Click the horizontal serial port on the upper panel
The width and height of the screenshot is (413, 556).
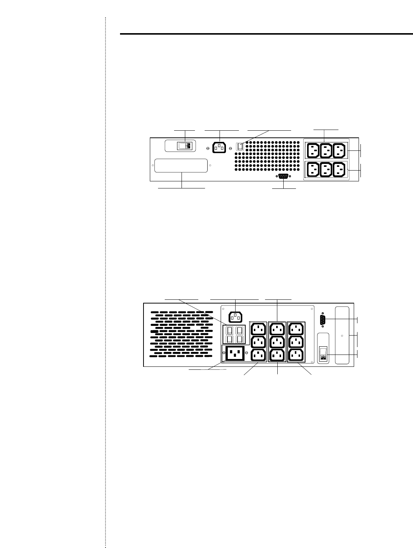coord(284,177)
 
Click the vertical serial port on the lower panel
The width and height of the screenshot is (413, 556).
coord(323,321)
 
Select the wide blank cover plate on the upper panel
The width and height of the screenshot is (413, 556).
coord(181,166)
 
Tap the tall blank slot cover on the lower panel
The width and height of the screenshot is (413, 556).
coord(342,335)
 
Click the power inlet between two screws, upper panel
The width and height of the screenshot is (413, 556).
coord(219,148)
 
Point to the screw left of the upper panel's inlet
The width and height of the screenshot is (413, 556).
coord(208,148)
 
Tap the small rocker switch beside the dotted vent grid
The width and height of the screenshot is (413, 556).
coord(240,147)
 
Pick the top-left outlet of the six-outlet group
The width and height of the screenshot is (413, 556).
coord(312,150)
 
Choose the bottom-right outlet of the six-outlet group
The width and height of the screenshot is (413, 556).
coord(339,170)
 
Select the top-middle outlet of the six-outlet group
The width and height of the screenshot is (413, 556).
coord(326,150)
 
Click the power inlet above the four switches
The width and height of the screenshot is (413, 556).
coord(235,317)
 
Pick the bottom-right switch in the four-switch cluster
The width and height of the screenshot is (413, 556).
coord(240,339)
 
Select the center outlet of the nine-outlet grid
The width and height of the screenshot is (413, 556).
coord(277,341)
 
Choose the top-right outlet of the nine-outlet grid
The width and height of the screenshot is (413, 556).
coord(296,329)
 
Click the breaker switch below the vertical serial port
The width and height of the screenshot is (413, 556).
coord(324,354)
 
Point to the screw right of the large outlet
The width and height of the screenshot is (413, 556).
coord(247,352)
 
